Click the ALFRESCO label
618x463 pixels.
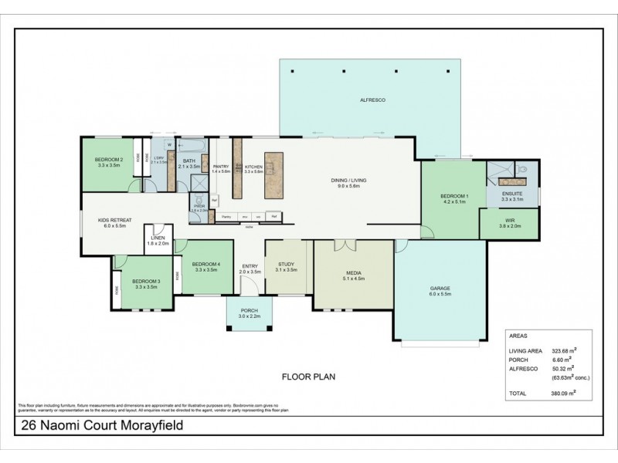(x=372, y=101)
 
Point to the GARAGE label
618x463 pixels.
(x=440, y=288)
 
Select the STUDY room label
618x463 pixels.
(x=286, y=264)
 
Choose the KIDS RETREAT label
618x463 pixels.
(x=114, y=220)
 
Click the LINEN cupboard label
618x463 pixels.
(x=158, y=238)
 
